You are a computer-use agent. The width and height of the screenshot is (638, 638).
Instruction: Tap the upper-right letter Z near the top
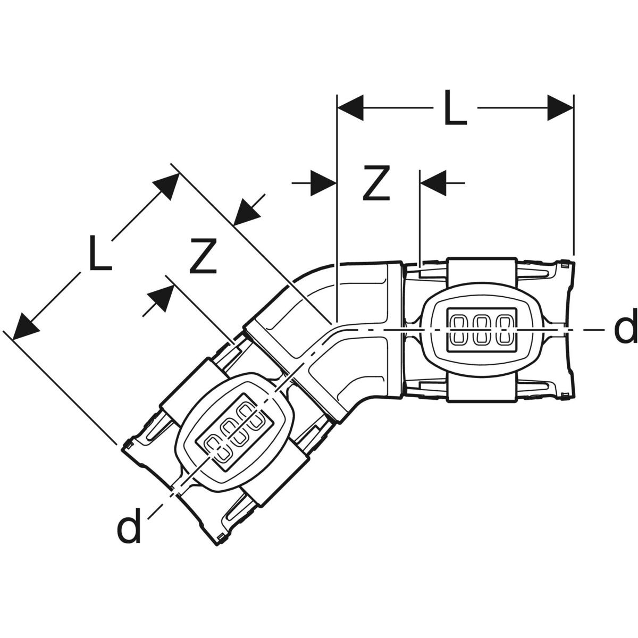point(376,183)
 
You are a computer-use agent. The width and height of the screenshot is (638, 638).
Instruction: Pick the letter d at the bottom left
point(129,526)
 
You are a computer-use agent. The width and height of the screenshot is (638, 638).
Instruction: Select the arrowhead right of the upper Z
point(433,183)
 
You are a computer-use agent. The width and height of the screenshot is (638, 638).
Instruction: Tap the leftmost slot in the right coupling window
point(459,329)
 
